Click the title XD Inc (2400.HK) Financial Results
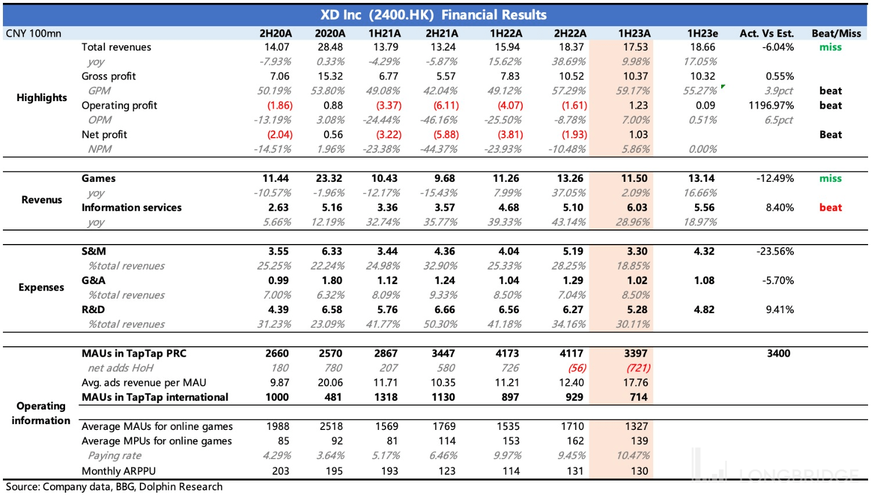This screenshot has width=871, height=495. pyautogui.click(x=433, y=15)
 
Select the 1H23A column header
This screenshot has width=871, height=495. pyautogui.click(x=634, y=33)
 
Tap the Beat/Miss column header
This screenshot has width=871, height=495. pyautogui.click(x=836, y=33)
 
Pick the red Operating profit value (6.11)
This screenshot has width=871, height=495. pyautogui.click(x=446, y=105)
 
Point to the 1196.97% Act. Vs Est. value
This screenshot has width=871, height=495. pyautogui.click(x=771, y=105)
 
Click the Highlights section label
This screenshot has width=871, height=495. pyautogui.click(x=42, y=98)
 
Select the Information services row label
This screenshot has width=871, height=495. pyautogui.click(x=131, y=207)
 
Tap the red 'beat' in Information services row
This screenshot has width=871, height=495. pyautogui.click(x=830, y=207)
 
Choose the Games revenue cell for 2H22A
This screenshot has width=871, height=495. pyautogui.click(x=570, y=178)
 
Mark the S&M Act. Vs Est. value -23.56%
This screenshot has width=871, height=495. pyautogui.click(x=775, y=251)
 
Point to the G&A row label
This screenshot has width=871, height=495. pyautogui.click(x=93, y=280)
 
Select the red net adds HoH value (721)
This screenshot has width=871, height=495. pyautogui.click(x=638, y=368)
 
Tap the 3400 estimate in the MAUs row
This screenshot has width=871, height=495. pyautogui.click(x=778, y=353)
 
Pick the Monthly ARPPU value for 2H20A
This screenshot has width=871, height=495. pyautogui.click(x=280, y=471)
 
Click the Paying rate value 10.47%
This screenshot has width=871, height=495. pyautogui.click(x=633, y=455)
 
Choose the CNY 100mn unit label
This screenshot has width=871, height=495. pyautogui.click(x=33, y=33)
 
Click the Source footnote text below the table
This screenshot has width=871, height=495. pyautogui.click(x=114, y=487)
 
